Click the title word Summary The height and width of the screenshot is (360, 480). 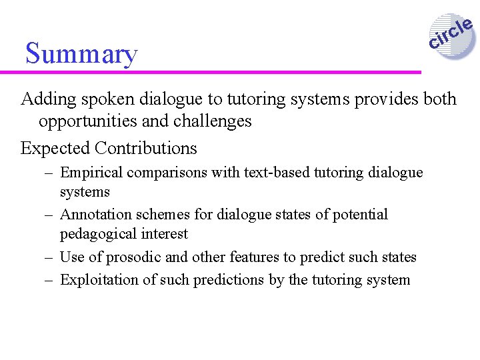click(x=81, y=53)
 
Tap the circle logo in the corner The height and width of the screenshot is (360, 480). click(x=451, y=36)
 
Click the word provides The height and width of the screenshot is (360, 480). click(x=379, y=99)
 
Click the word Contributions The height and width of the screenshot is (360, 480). click(x=146, y=148)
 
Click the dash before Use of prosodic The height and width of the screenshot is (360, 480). click(x=49, y=257)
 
